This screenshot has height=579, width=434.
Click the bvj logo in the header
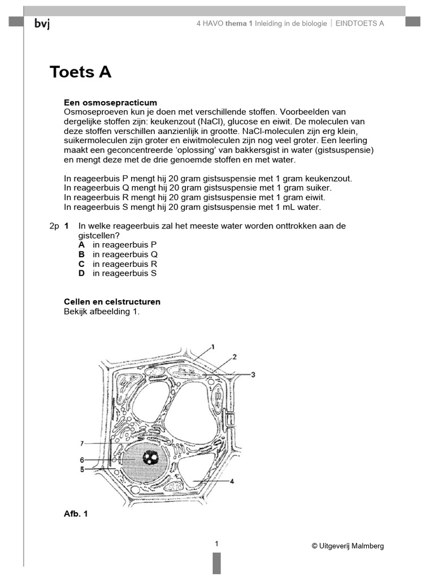(x=42, y=23)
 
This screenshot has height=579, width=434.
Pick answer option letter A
(x=81, y=245)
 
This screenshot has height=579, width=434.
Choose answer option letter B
(x=81, y=254)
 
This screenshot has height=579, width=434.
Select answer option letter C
(x=81, y=264)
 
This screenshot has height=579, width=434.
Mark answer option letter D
(x=81, y=274)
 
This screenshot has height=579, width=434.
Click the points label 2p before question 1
(x=54, y=226)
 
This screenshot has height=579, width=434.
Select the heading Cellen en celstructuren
(x=112, y=301)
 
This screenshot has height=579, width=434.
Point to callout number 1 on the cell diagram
(x=213, y=346)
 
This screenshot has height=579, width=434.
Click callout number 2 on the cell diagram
(x=234, y=356)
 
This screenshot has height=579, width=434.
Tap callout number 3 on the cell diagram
(x=253, y=374)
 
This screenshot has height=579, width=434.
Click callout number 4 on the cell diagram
(x=232, y=481)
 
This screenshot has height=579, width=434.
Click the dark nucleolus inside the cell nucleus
(x=150, y=457)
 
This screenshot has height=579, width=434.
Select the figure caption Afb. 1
(x=76, y=513)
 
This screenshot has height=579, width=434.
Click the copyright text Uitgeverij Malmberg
(x=347, y=546)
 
